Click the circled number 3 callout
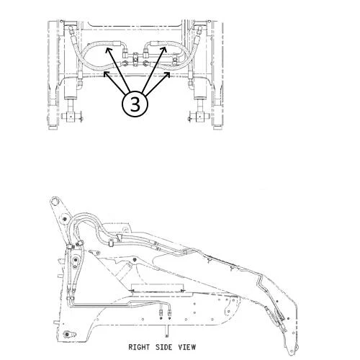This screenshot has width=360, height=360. tap(135, 104)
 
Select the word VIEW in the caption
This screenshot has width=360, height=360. tap(187, 347)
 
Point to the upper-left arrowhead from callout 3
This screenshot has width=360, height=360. tap(109, 50)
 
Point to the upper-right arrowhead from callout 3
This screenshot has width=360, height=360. tap(164, 50)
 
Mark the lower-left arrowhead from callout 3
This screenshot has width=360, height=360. tap(106, 74)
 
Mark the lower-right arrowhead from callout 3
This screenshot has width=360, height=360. tap(168, 75)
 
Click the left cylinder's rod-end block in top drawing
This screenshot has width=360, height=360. tap(71, 117)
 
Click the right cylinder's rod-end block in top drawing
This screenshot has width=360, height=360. tap(199, 117)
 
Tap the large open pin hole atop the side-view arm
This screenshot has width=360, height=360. tap(55, 201)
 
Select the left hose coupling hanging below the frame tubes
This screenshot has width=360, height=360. tap(161, 312)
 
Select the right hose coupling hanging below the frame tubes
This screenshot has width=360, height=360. tap(170, 312)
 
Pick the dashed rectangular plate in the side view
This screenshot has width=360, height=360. tap(157, 288)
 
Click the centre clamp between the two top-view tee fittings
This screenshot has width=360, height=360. tap(135, 59)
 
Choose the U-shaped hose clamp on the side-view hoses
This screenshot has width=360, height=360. tap(111, 243)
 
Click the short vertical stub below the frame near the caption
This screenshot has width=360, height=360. tap(166, 331)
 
